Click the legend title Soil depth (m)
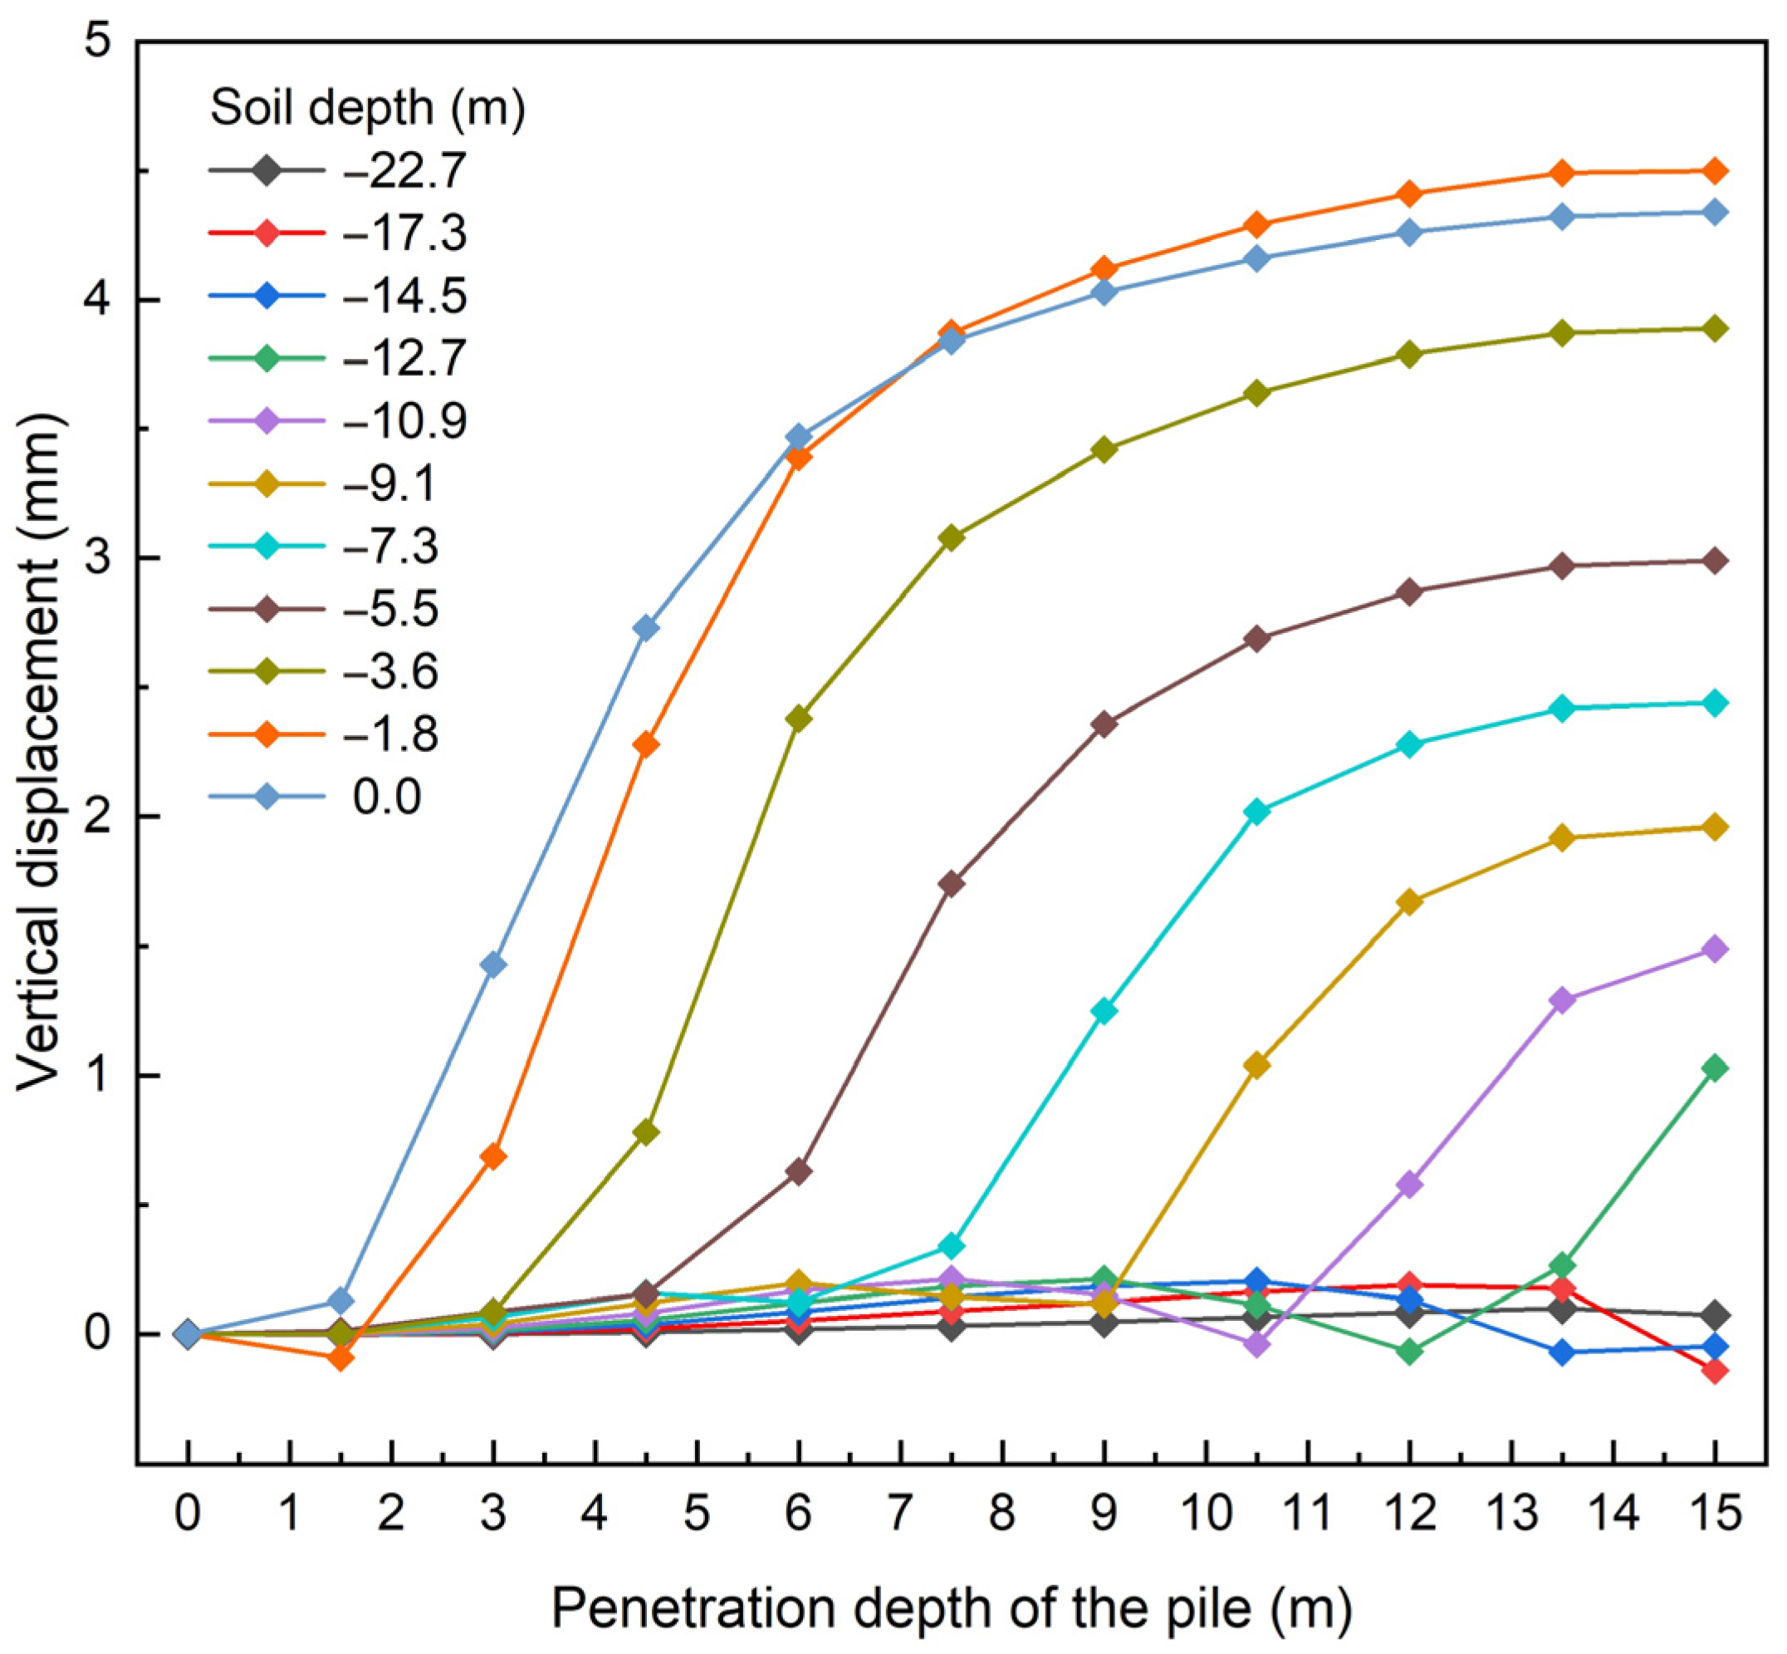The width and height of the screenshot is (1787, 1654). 367,108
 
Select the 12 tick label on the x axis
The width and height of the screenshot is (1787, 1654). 1409,1513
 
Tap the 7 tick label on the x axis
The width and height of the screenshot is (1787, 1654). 900,1513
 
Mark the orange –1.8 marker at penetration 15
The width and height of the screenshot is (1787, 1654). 1715,171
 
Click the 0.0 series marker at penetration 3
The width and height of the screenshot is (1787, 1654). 493,964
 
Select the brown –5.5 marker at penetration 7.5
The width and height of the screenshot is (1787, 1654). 952,883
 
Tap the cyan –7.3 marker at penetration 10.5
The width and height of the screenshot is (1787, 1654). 1256,812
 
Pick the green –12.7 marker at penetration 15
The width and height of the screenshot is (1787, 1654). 1715,1067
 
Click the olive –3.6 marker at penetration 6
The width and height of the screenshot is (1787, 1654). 798,719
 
